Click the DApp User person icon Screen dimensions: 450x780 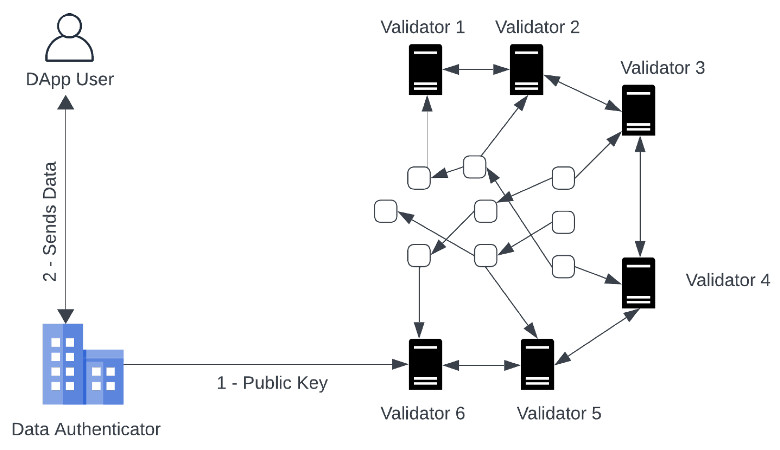[69, 38]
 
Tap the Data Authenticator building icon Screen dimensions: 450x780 [83, 364]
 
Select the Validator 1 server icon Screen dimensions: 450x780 [425, 70]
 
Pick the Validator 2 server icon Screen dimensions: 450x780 [526, 70]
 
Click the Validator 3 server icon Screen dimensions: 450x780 [638, 110]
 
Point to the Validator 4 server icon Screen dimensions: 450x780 [638, 283]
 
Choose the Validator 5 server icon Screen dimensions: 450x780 [537, 364]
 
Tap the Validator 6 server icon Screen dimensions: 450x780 [425, 364]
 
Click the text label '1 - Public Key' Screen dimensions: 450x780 [272, 383]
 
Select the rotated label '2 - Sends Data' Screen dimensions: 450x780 [50, 222]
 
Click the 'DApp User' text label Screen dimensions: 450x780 [70, 79]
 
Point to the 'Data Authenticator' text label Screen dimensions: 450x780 [86, 429]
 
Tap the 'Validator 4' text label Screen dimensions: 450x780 [728, 280]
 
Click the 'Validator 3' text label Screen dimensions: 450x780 [662, 68]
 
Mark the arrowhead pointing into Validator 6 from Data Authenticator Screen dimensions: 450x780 [400, 364]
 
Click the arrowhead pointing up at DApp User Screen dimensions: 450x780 [66, 103]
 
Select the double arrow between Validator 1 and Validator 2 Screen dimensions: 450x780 [476, 70]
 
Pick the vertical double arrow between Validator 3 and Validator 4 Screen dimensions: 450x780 [640, 197]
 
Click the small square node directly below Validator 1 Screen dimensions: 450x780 [419, 178]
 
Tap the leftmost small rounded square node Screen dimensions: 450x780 [386, 211]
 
